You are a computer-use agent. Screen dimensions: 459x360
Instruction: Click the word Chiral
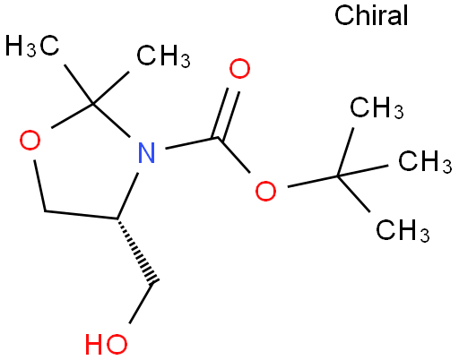tap(371, 15)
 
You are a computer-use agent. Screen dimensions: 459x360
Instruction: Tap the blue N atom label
tap(147, 152)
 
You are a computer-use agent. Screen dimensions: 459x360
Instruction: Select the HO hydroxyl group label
tap(106, 344)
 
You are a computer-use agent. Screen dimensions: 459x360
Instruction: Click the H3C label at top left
tap(32, 46)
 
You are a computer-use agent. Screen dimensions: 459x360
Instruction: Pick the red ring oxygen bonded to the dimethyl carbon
tap(30, 140)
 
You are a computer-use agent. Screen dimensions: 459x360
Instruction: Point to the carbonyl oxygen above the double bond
tap(239, 69)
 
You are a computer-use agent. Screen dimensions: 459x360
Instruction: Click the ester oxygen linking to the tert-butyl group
tap(265, 191)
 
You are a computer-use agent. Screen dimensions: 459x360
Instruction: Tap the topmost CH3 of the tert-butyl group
tap(377, 107)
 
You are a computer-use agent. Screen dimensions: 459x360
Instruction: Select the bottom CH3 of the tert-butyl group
tap(403, 230)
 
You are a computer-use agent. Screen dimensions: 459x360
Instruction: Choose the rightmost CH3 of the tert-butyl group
tap(425, 161)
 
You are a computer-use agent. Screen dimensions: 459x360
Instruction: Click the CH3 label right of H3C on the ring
tap(163, 56)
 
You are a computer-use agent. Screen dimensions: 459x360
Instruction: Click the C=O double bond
tap(226, 114)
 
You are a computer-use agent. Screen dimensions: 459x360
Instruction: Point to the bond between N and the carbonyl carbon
tap(192, 143)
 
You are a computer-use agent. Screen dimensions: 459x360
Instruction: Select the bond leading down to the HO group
tap(142, 303)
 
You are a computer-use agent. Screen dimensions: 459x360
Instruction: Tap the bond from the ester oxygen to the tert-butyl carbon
tap(313, 182)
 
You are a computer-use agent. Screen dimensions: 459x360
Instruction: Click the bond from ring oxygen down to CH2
tap(40, 185)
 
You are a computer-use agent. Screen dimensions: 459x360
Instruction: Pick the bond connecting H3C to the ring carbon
tap(79, 84)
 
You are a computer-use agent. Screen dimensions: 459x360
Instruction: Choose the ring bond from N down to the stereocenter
tap(127, 195)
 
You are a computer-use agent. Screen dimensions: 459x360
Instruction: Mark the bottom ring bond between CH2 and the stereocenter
tap(81, 215)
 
